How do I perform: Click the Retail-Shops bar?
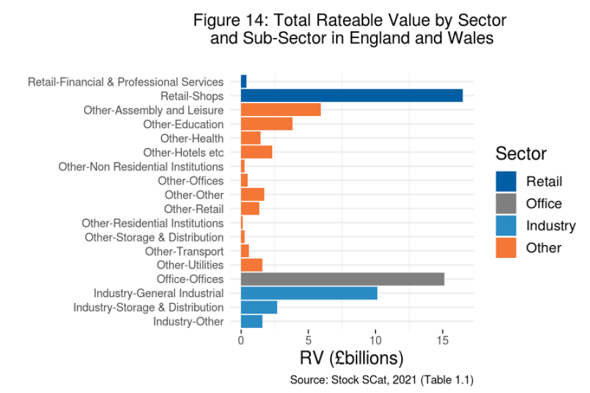point(352,96)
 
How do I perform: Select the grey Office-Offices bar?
point(342,279)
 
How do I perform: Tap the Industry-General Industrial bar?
point(309,294)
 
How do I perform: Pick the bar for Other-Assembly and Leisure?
point(281,110)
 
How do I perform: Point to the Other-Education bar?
point(267,124)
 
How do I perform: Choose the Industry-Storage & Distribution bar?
point(259,308)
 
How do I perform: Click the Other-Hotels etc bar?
point(256,152)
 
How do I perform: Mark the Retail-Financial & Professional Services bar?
point(243,82)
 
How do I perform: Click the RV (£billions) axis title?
point(351,358)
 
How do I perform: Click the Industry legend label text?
point(551,225)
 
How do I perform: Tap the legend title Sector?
point(521,153)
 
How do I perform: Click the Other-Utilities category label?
point(190,265)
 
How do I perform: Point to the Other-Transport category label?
point(184,251)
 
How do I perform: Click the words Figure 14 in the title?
point(230,20)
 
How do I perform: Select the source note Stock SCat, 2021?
point(381,380)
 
